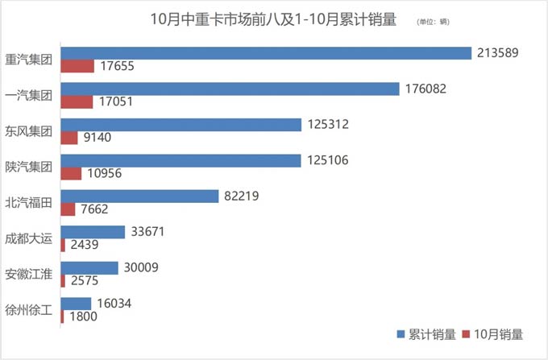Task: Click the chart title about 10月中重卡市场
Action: (273, 20)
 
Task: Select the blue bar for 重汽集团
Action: (266, 53)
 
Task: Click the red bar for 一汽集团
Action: (77, 101)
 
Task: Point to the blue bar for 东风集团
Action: (181, 125)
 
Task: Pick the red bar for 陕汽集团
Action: (71, 173)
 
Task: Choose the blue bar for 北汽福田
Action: (139, 196)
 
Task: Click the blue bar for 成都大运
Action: (93, 232)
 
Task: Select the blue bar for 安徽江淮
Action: (90, 267)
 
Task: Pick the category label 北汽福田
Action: (28, 203)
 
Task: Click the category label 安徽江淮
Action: (28, 275)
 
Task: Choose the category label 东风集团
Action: (28, 131)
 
